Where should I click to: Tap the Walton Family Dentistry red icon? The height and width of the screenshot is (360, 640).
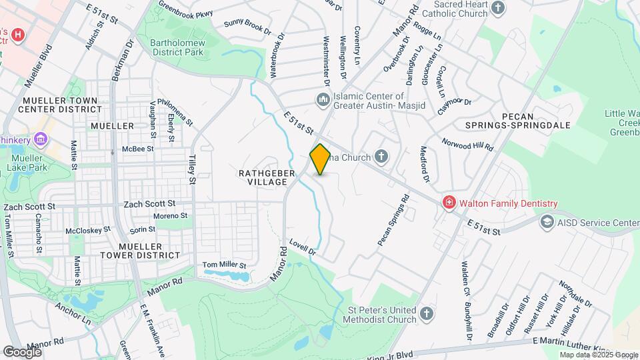click(x=449, y=203)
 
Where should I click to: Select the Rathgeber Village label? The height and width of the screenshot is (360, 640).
click(x=267, y=177)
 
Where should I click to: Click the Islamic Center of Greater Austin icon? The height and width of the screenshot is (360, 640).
click(x=323, y=99)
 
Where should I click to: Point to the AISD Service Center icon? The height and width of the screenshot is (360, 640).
click(x=547, y=221)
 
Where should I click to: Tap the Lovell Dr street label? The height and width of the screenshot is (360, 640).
click(x=303, y=249)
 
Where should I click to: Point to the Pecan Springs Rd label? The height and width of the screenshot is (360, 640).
click(x=393, y=220)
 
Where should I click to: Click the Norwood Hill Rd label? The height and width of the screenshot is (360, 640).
click(x=467, y=143)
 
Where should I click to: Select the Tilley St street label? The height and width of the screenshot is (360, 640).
click(x=192, y=170)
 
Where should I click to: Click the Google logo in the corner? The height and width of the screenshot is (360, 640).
click(x=22, y=351)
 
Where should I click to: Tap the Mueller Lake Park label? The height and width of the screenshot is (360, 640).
click(x=31, y=163)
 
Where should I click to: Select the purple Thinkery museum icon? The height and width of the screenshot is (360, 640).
click(x=41, y=139)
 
